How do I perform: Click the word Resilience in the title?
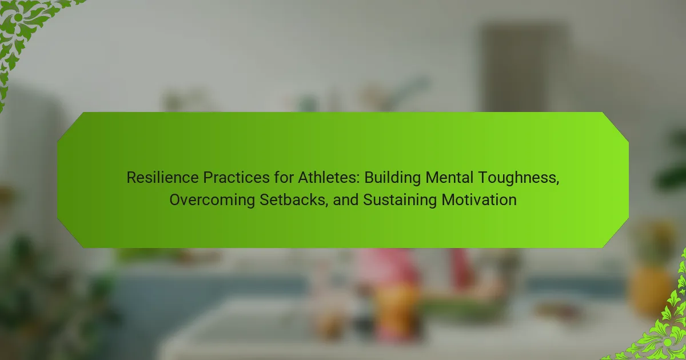(162, 178)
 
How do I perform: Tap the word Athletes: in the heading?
(329, 178)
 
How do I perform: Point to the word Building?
(392, 178)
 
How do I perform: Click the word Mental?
(449, 178)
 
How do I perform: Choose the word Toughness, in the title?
(519, 178)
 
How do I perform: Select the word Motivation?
(479, 200)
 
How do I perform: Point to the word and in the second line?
(345, 200)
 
